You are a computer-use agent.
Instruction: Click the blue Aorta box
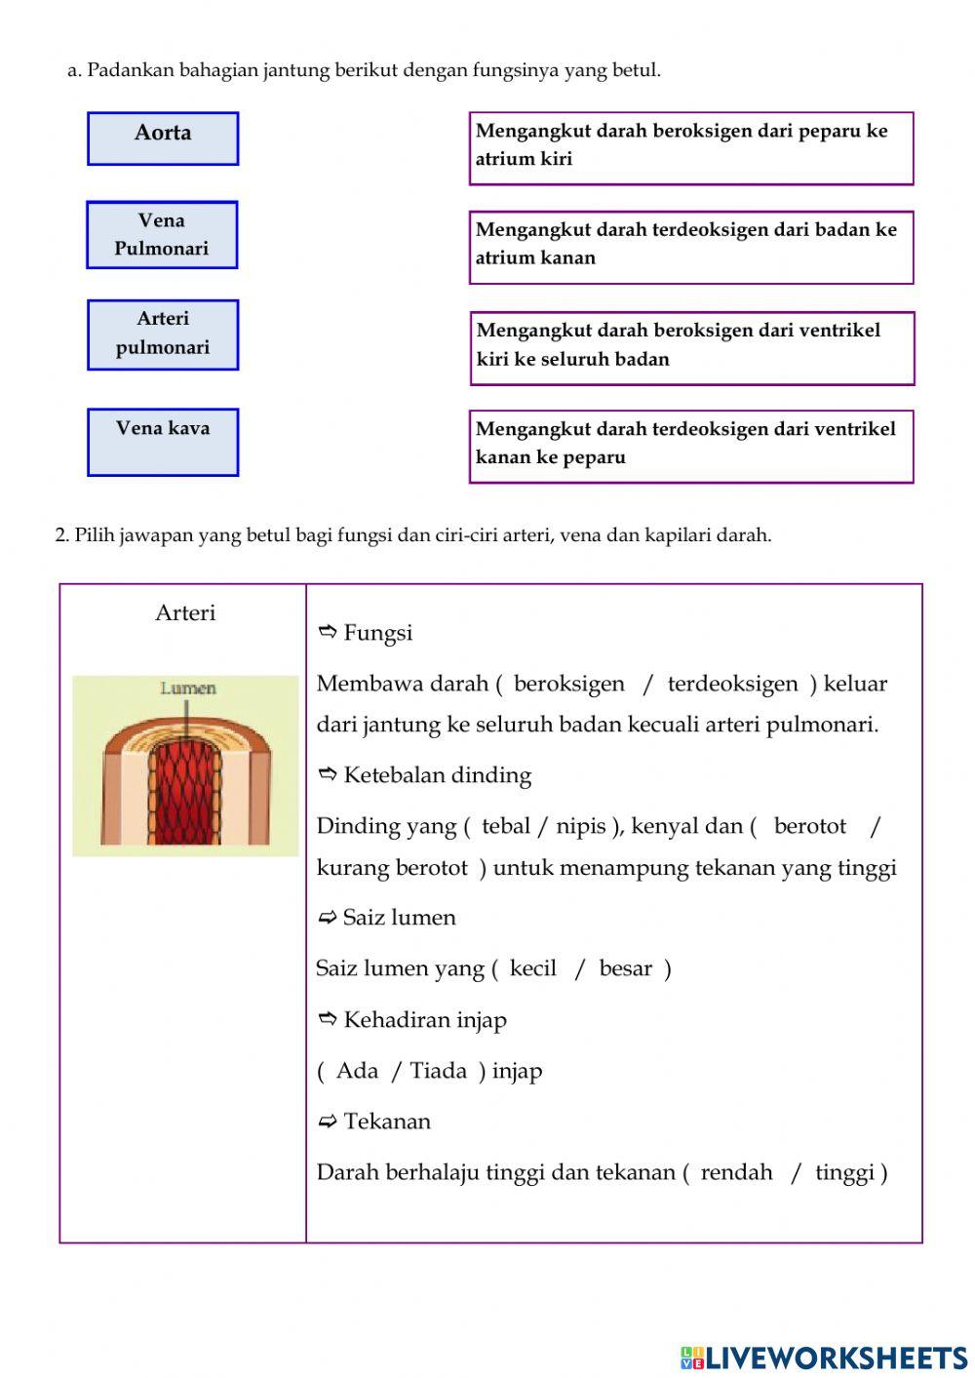click(x=163, y=138)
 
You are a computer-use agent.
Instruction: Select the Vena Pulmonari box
click(x=162, y=235)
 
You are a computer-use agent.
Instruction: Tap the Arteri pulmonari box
click(x=163, y=335)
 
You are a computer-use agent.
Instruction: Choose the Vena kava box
click(x=163, y=442)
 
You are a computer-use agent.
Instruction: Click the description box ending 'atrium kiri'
click(x=690, y=148)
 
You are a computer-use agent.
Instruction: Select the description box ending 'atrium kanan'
click(x=690, y=248)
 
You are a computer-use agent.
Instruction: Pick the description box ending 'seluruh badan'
click(x=691, y=348)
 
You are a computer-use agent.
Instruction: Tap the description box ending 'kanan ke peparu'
click(x=690, y=447)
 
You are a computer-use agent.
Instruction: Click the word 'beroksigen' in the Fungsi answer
click(x=568, y=684)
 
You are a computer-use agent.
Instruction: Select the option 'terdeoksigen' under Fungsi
click(x=732, y=684)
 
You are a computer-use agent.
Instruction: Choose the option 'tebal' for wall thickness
click(x=505, y=826)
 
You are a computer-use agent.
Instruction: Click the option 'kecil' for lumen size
click(x=532, y=968)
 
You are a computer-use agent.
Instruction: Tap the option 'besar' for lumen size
click(x=625, y=968)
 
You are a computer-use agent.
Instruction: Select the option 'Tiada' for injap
click(x=438, y=1071)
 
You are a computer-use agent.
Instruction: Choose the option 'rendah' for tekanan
click(x=736, y=1172)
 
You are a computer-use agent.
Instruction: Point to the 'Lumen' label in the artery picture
click(x=188, y=689)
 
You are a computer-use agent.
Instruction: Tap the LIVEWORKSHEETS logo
click(x=824, y=1358)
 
